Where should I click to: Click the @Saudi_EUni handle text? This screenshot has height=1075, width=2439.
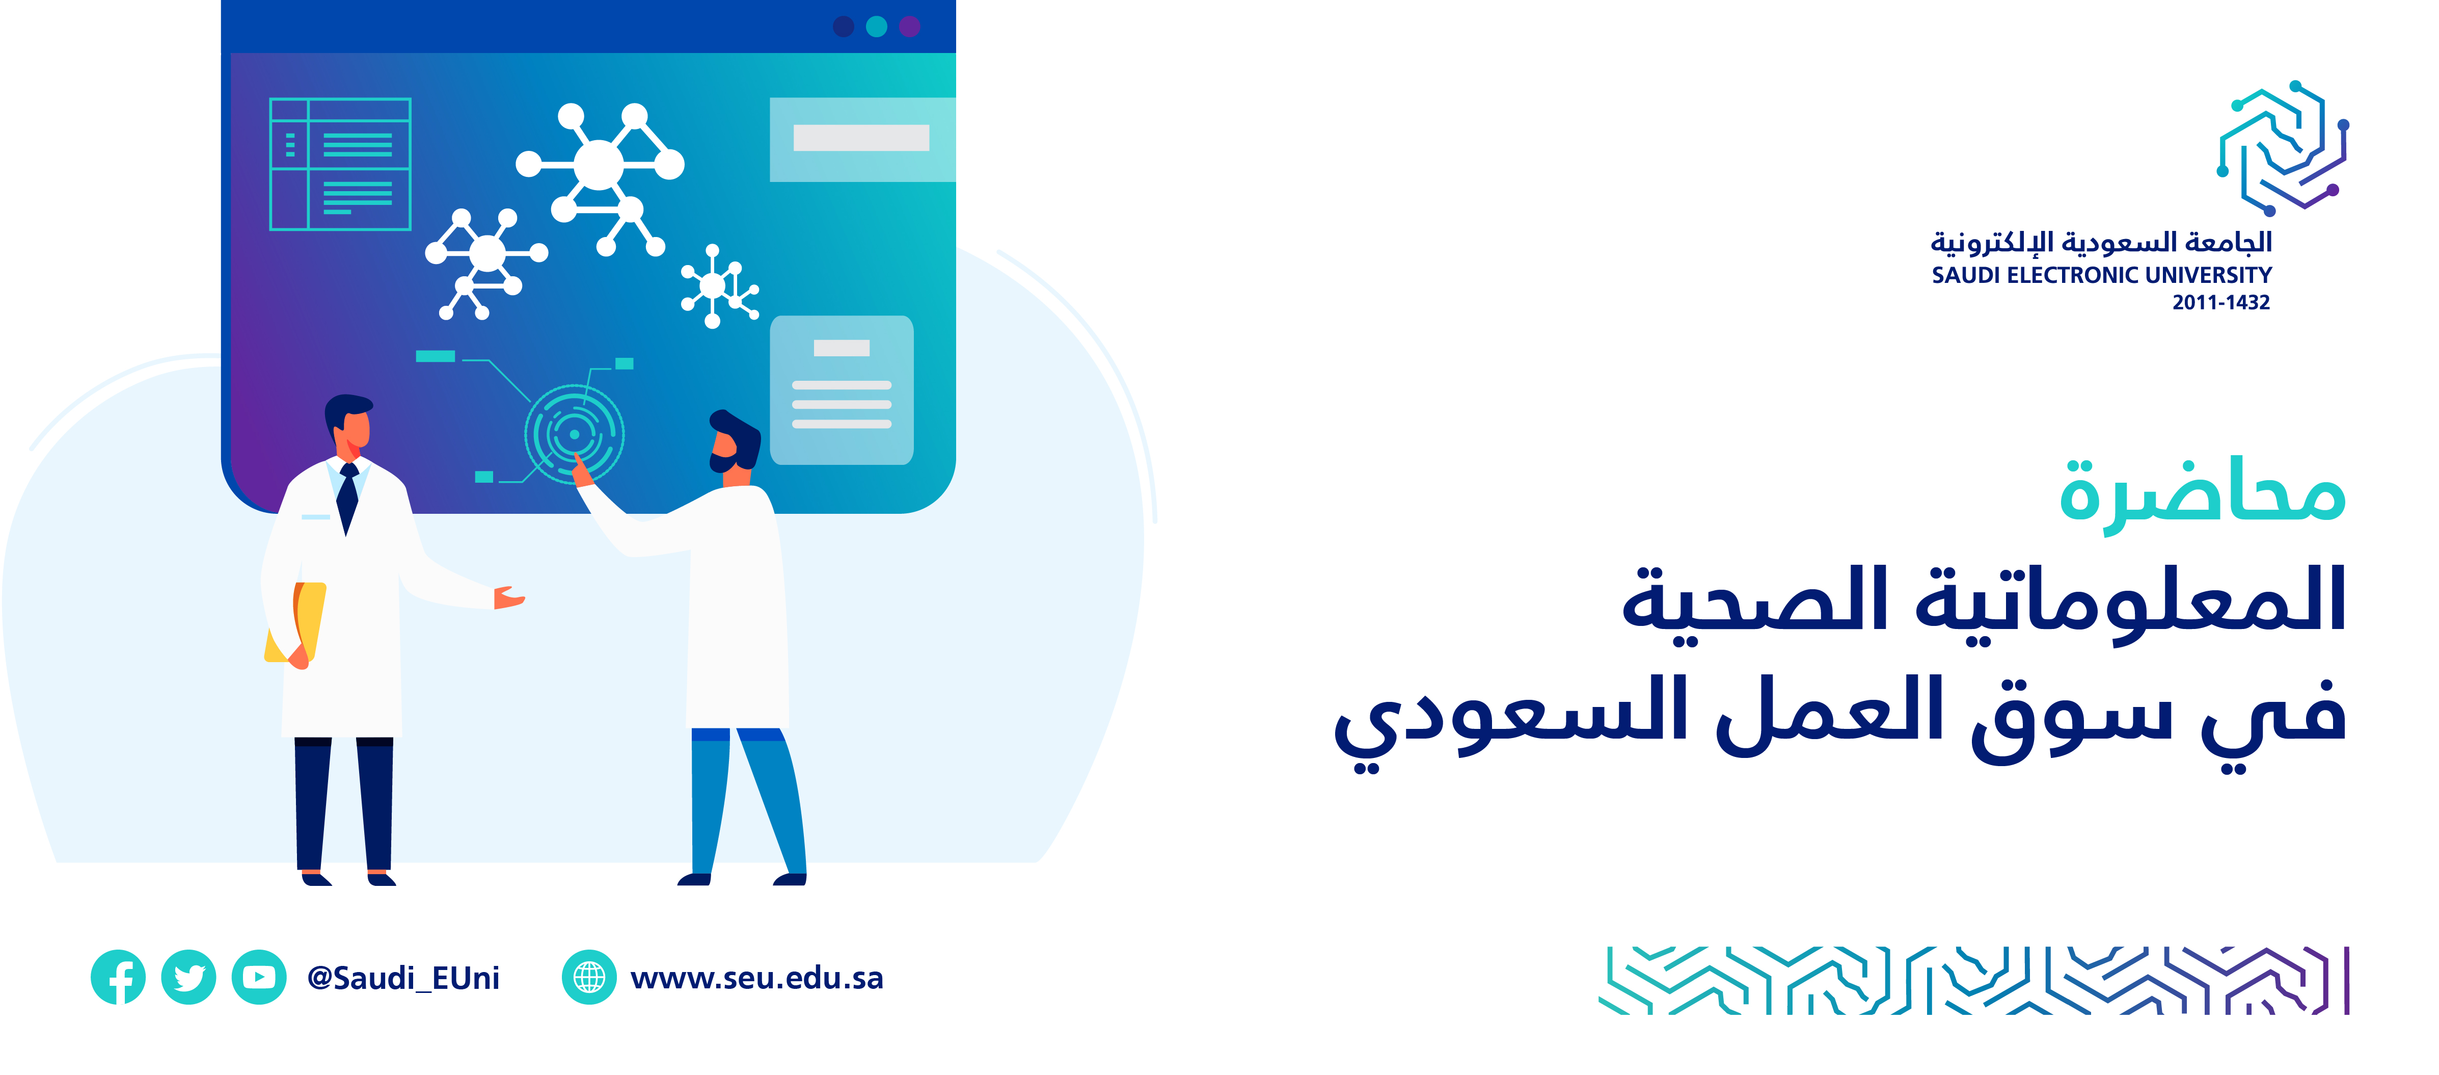(x=403, y=978)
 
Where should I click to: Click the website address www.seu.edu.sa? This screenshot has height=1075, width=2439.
(x=756, y=978)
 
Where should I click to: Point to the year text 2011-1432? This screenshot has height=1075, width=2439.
(x=2220, y=302)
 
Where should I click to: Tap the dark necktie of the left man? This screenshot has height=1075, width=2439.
(x=347, y=498)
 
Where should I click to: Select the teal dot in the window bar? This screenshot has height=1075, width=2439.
(x=877, y=27)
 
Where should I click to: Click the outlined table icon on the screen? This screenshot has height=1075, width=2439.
(x=340, y=164)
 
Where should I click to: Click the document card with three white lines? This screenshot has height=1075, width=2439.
(x=842, y=390)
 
